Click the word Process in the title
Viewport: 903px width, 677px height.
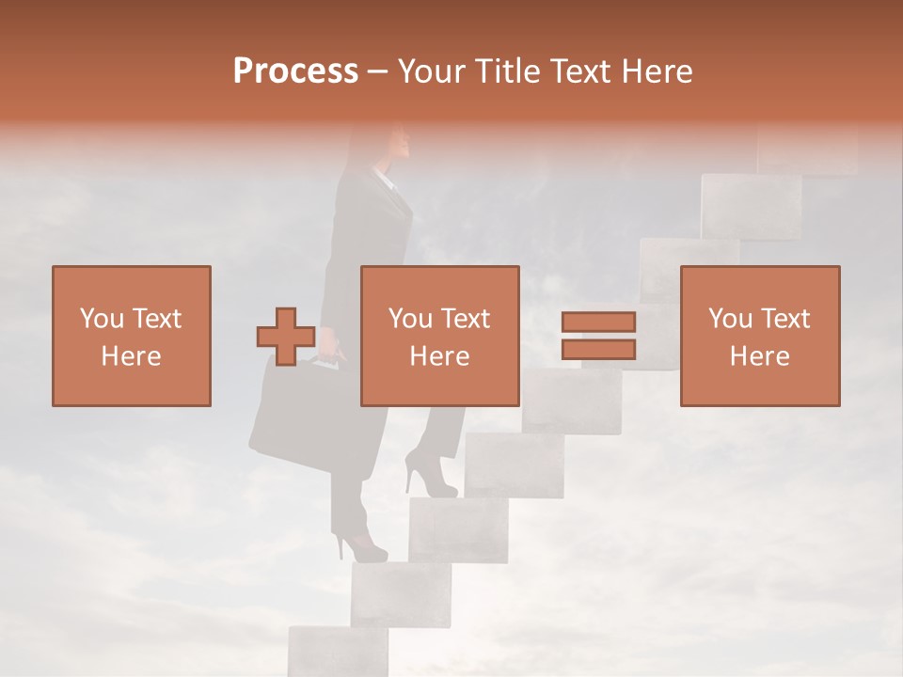tap(295, 71)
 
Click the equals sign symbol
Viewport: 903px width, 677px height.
tap(598, 336)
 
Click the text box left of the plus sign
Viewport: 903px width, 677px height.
tap(132, 336)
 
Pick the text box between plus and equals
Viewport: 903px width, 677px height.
tap(439, 336)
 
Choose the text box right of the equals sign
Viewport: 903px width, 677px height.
tap(759, 336)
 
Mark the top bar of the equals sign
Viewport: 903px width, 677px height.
tap(598, 323)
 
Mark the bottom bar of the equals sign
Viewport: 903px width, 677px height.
tap(598, 349)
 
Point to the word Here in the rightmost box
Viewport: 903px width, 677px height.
tap(759, 356)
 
